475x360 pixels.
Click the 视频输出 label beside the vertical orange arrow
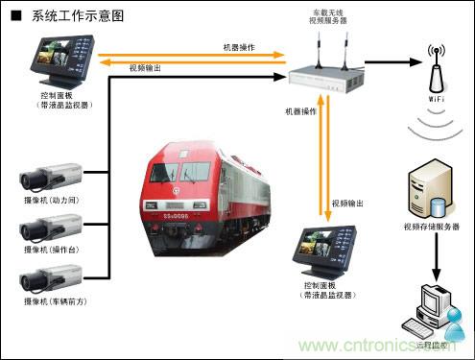pyautogui.click(x=347, y=204)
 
